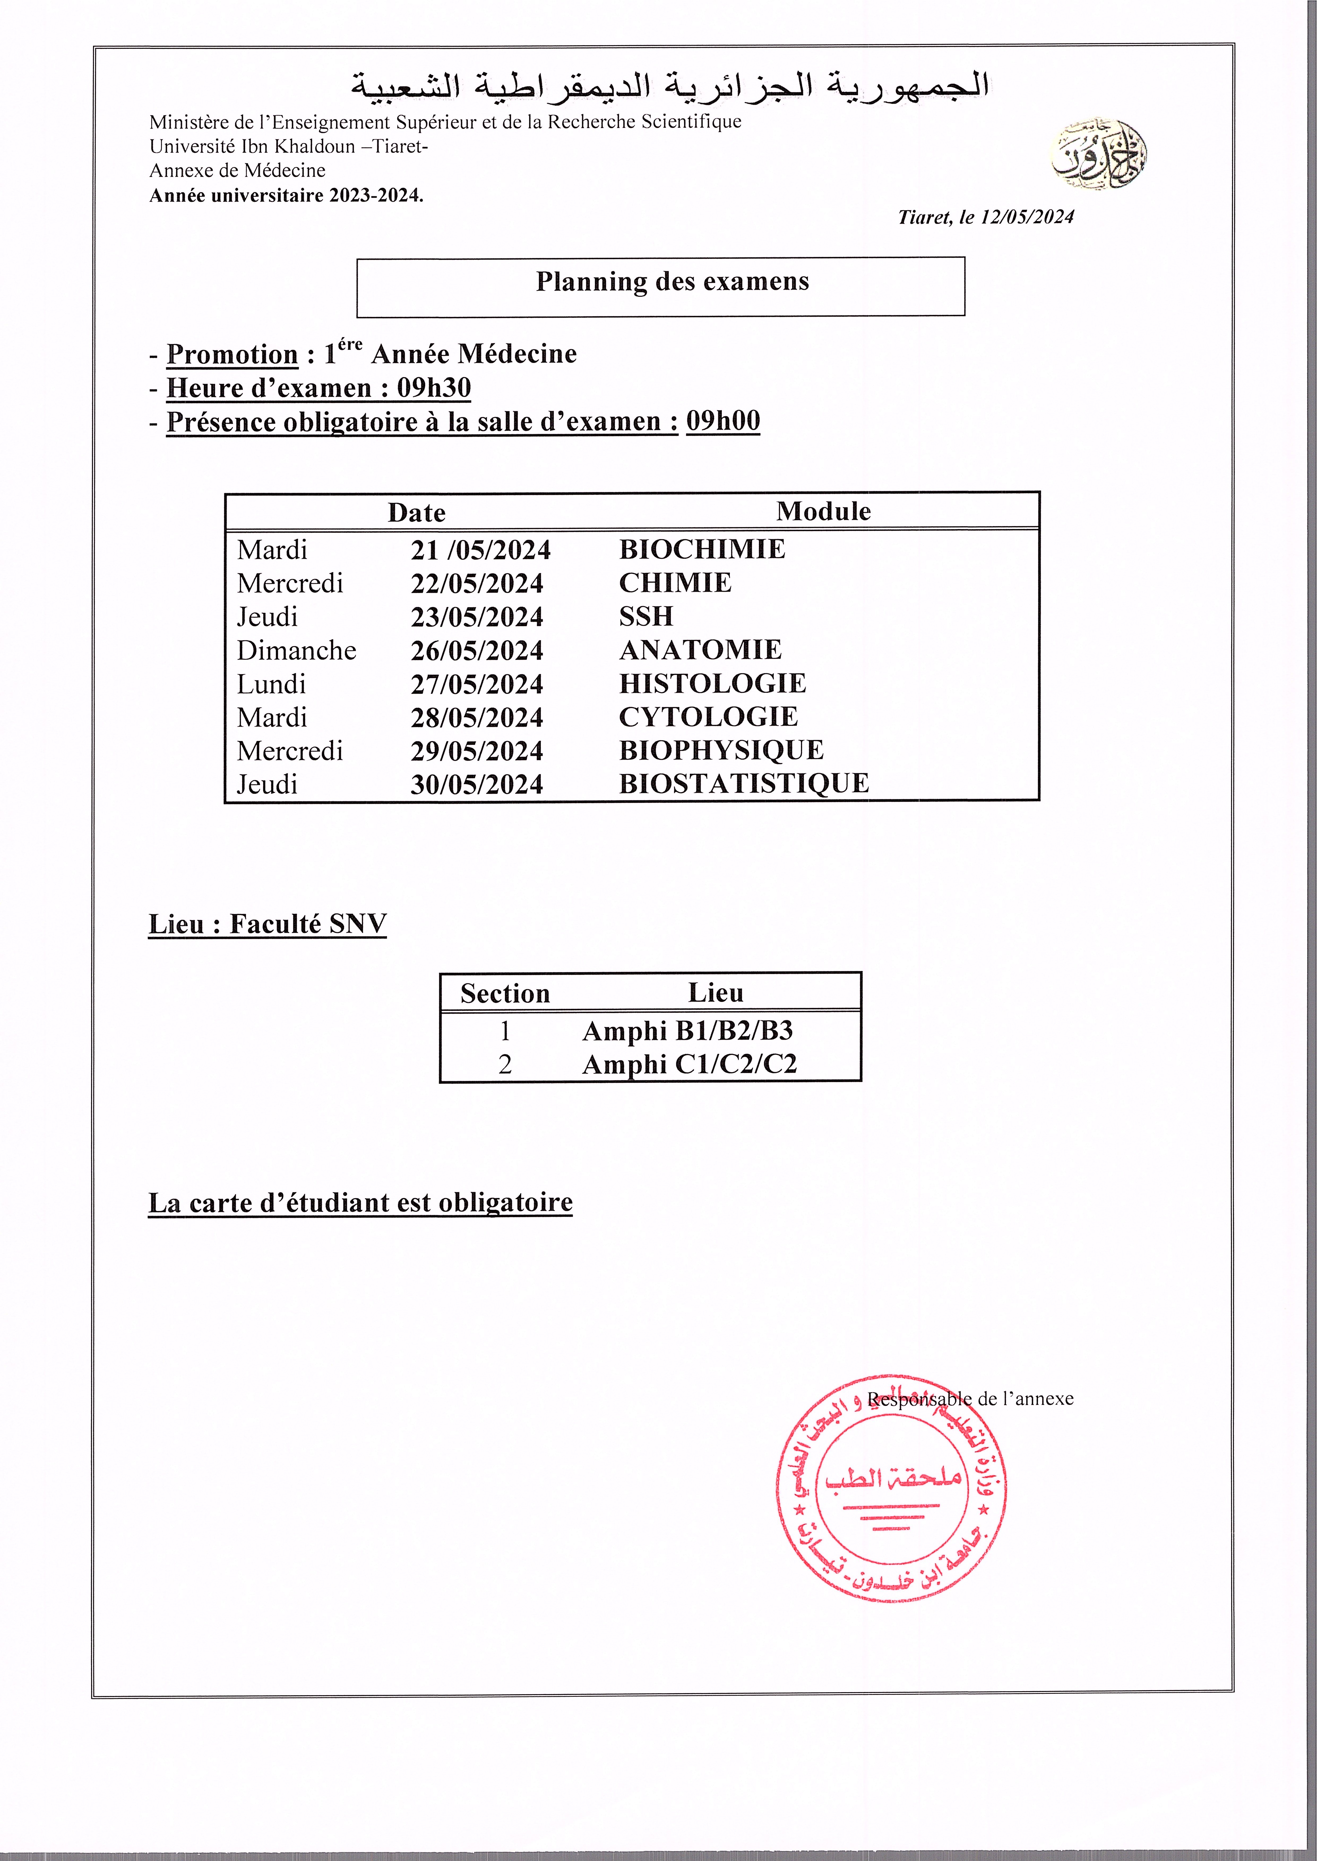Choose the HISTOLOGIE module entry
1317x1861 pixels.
(x=712, y=684)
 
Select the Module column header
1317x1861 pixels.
(x=823, y=512)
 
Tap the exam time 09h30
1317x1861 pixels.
(x=434, y=388)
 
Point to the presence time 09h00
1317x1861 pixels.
(x=722, y=421)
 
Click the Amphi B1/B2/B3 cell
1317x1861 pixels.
(x=687, y=1031)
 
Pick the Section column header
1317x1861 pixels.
(x=504, y=993)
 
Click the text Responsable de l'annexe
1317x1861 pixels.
(x=970, y=1398)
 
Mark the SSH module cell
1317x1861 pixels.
(x=645, y=616)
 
